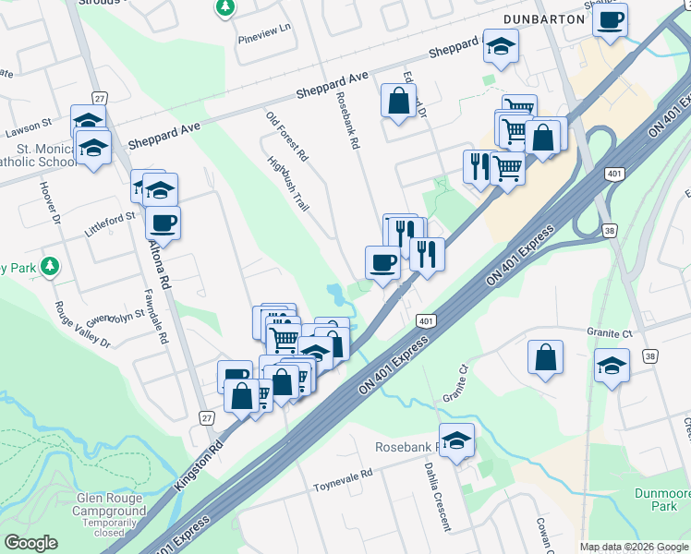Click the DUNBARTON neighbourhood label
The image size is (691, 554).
point(545,18)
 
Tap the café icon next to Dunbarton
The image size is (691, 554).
point(610,20)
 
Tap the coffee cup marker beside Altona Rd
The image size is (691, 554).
point(164,223)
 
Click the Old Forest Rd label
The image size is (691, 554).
point(286,137)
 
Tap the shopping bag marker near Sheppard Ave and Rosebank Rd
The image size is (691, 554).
point(398,102)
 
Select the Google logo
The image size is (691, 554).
point(30,543)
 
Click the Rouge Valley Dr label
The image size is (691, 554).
point(82,326)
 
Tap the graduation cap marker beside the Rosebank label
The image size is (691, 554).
point(456,440)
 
